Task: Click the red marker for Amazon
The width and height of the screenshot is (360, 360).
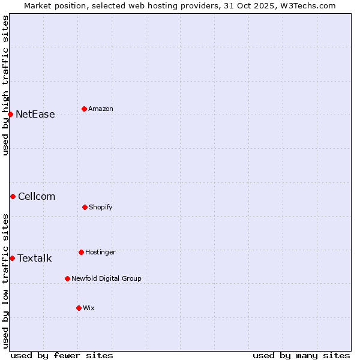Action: [x=84, y=109]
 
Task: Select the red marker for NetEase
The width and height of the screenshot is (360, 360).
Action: [x=10, y=114]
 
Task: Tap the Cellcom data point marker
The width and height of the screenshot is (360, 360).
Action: [x=13, y=196]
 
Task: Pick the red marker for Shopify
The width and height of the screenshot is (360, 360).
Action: [x=85, y=207]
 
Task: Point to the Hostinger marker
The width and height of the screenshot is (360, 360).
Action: [x=81, y=252]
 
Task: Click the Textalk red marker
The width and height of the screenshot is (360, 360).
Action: [x=12, y=258]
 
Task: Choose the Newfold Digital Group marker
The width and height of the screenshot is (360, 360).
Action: [x=67, y=278]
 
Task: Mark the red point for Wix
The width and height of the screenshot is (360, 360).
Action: [x=79, y=308]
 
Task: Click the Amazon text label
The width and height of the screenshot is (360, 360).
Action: [x=101, y=109]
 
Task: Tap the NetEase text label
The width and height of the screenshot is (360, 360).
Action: [x=35, y=114]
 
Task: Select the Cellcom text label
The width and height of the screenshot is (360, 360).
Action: [x=37, y=196]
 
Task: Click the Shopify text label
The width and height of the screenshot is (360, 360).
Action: [x=101, y=207]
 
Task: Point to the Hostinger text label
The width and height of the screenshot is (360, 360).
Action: [x=100, y=252]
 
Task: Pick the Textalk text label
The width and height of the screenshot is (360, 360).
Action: [x=35, y=258]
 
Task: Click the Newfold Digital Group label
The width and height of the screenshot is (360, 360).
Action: [x=107, y=278]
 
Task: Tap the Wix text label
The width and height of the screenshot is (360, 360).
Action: [x=89, y=308]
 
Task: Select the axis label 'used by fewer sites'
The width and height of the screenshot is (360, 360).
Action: [x=62, y=355]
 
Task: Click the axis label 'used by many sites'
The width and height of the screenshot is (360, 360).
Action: [x=301, y=355]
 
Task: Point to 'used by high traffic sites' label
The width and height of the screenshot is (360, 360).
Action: [x=5, y=85]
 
